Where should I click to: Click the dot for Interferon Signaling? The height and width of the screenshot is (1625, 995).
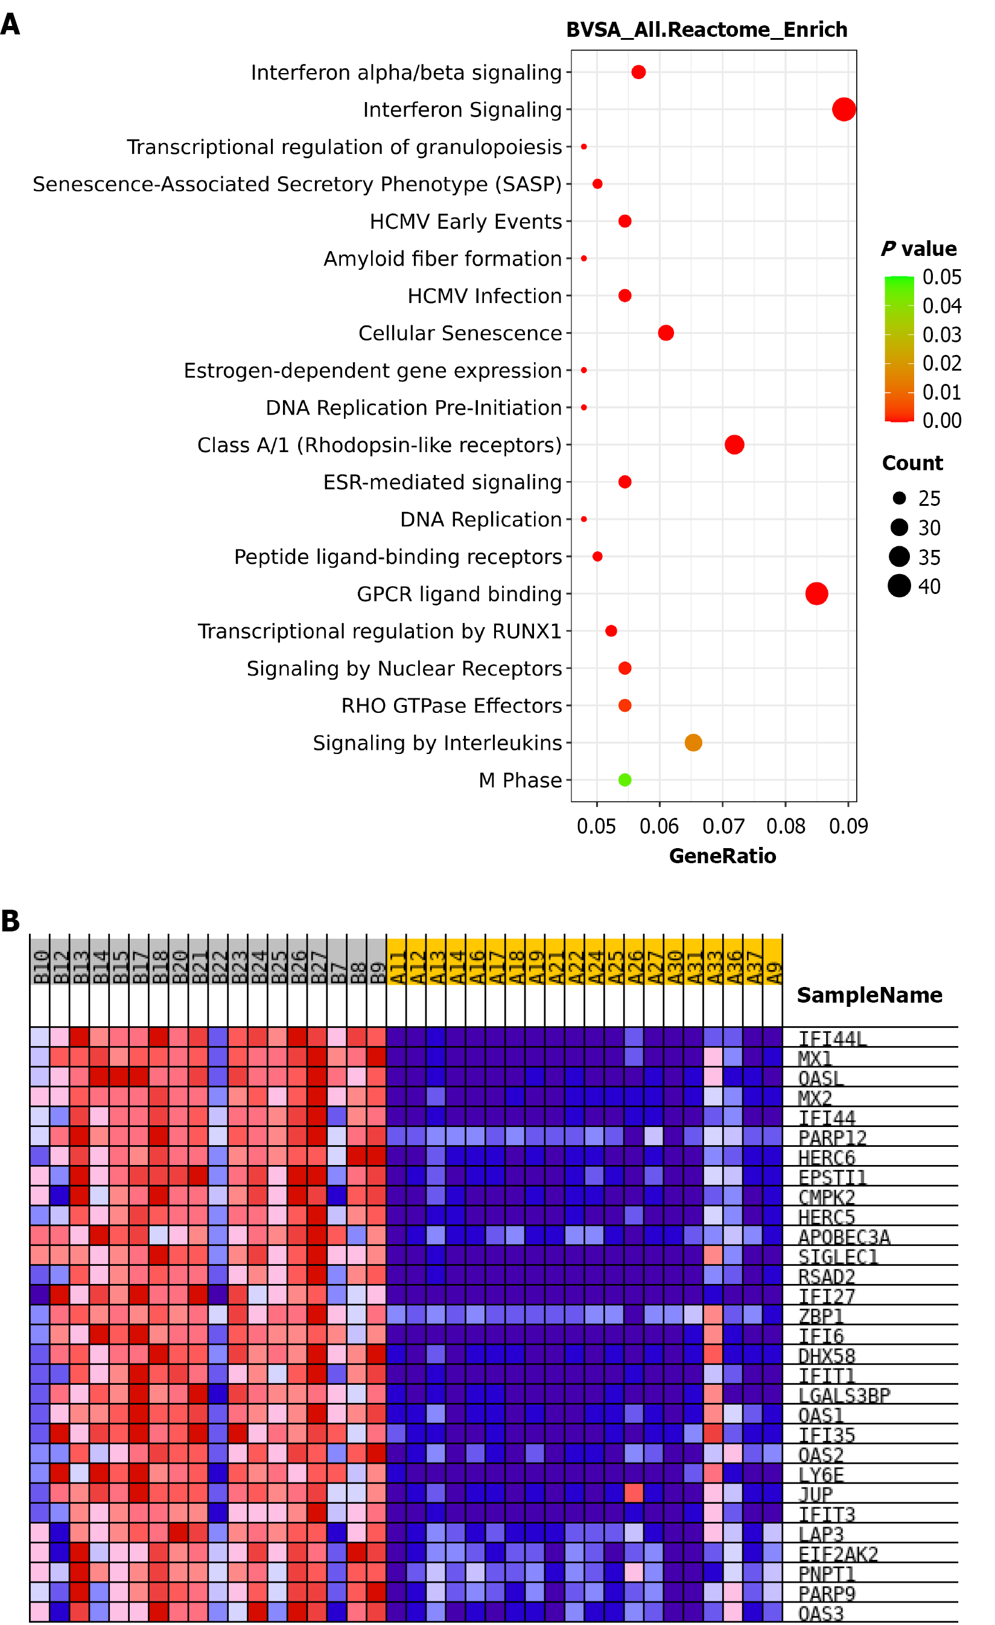tap(844, 109)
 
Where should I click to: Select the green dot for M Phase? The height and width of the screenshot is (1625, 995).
tap(625, 779)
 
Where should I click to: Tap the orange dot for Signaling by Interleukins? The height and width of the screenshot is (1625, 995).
tap(693, 742)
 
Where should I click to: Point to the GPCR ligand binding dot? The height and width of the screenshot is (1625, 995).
tap(816, 593)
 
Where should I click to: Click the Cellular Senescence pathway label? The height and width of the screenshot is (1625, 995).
tap(460, 333)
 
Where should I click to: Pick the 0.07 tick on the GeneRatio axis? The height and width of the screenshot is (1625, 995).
tap(723, 826)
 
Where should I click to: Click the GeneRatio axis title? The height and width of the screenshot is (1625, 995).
tap(722, 856)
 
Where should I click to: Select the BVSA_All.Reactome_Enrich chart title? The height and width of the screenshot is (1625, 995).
tap(706, 30)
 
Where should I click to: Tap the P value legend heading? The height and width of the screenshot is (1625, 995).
tap(918, 249)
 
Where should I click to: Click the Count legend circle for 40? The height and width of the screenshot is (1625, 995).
tap(898, 586)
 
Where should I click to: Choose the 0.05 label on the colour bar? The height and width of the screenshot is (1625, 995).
tap(941, 277)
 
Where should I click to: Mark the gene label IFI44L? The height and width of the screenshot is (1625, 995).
tap(832, 1039)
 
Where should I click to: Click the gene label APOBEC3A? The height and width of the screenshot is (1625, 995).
tap(844, 1237)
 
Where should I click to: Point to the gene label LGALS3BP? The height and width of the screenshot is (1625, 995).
tap(844, 1396)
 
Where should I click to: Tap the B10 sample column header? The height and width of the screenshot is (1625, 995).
tap(40, 967)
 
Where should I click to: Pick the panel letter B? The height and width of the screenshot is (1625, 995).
tap(10, 921)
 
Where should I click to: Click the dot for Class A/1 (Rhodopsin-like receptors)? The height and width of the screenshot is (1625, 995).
tap(734, 444)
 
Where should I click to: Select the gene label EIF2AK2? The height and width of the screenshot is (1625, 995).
tap(838, 1554)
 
